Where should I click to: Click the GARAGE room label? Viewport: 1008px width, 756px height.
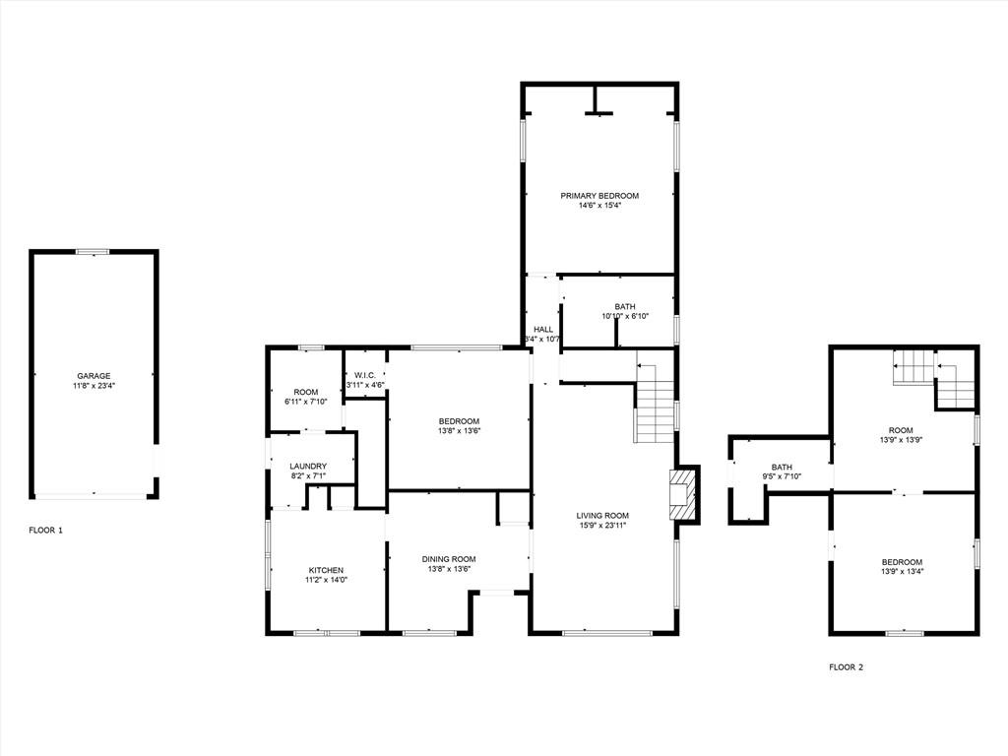(x=94, y=376)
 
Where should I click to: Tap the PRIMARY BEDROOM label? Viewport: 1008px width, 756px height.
(x=599, y=196)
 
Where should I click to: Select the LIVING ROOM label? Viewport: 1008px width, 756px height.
(x=602, y=516)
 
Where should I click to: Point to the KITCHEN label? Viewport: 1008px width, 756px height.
(x=326, y=570)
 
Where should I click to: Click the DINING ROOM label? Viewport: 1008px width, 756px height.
(x=449, y=559)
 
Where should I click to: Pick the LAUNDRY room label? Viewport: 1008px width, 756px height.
(x=308, y=466)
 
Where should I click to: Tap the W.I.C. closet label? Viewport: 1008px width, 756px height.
(x=365, y=375)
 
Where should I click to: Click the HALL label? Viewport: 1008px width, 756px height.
(x=543, y=329)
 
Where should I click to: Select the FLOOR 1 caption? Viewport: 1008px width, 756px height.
(x=45, y=531)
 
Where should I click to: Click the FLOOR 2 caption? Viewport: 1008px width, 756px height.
(x=846, y=667)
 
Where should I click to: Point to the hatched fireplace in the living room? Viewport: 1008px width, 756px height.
(x=683, y=494)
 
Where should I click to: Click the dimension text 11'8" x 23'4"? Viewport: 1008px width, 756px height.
(x=94, y=386)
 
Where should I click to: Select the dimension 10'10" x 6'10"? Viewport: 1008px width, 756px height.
(x=625, y=316)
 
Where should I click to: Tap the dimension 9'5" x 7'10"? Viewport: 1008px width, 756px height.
(x=782, y=477)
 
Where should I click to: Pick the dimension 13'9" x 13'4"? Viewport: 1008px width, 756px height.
(x=902, y=571)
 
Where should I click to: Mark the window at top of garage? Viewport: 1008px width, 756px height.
(x=94, y=251)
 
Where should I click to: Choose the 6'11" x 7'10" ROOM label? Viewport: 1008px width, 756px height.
(x=306, y=397)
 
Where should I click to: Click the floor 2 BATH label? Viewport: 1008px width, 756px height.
(x=782, y=468)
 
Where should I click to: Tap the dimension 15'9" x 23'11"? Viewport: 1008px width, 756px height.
(x=602, y=526)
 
